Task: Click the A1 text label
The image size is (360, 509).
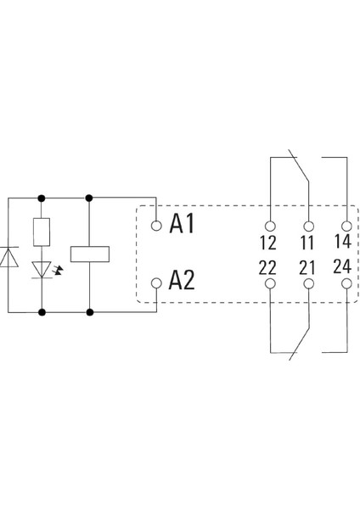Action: coord(183,224)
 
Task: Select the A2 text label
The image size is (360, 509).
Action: coord(183,281)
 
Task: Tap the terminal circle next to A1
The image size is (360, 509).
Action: coord(156,226)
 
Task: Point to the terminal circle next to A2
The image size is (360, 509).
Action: coord(156,282)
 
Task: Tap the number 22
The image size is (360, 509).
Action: coord(268,268)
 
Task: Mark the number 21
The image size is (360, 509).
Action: coord(307,268)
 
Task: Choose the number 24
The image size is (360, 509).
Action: coord(346,268)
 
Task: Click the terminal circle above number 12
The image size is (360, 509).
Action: coord(269,226)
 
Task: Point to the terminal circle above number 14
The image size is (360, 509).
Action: coord(346,226)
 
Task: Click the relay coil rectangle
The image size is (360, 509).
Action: coord(89,254)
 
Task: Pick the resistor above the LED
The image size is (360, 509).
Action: coord(41,231)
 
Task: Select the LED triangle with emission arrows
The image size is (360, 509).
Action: coord(41,269)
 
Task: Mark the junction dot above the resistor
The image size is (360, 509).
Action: coord(41,198)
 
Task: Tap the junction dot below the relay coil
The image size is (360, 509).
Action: coord(89,312)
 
